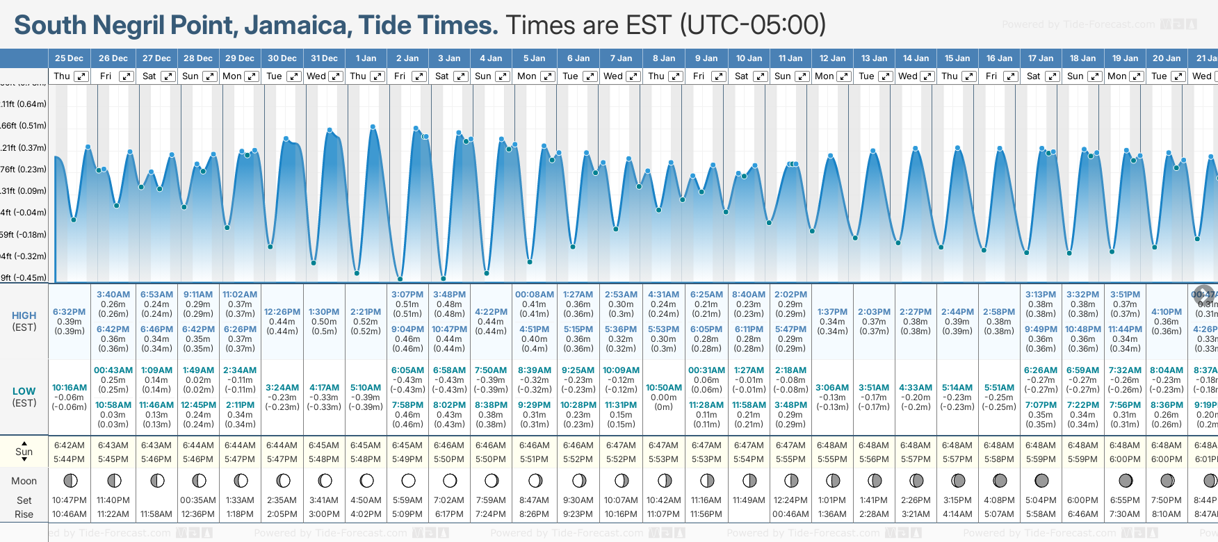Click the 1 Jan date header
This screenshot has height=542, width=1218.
coord(366,58)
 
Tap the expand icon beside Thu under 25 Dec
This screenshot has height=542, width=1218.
coord(81,76)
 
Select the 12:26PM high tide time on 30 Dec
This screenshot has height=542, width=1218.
coord(282,312)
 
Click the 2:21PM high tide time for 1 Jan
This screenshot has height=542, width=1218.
coord(366,312)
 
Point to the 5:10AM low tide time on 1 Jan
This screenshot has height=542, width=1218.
coord(366,388)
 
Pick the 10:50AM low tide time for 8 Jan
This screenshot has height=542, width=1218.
coord(664,388)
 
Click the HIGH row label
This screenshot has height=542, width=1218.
coord(24,315)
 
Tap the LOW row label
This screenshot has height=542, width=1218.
coord(24,391)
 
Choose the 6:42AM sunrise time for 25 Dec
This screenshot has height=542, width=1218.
coord(70,445)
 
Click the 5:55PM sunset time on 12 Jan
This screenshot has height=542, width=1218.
coord(832,459)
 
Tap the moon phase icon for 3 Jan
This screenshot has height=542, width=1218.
coord(450,480)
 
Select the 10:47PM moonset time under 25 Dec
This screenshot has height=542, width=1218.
coord(70,500)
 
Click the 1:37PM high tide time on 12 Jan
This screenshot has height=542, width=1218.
coord(832,312)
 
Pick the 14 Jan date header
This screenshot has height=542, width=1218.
coord(916,58)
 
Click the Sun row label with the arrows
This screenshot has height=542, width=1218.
coord(24,452)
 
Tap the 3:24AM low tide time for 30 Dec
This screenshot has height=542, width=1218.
coord(282,388)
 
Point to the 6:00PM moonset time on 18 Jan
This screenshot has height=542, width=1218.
coord(1082,500)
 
